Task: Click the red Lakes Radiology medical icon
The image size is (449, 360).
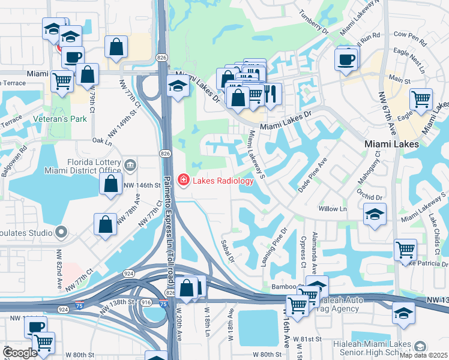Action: click(182, 180)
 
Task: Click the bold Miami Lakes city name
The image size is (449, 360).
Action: click(391, 145)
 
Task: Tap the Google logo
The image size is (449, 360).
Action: click(20, 353)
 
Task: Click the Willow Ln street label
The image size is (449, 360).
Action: click(333, 209)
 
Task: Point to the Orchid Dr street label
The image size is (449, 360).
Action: click(369, 197)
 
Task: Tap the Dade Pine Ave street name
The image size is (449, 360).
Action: click(313, 175)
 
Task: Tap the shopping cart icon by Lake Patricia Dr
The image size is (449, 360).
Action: click(406, 250)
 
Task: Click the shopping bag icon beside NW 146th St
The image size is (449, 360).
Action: click(111, 185)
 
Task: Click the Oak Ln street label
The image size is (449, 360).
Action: click(102, 141)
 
